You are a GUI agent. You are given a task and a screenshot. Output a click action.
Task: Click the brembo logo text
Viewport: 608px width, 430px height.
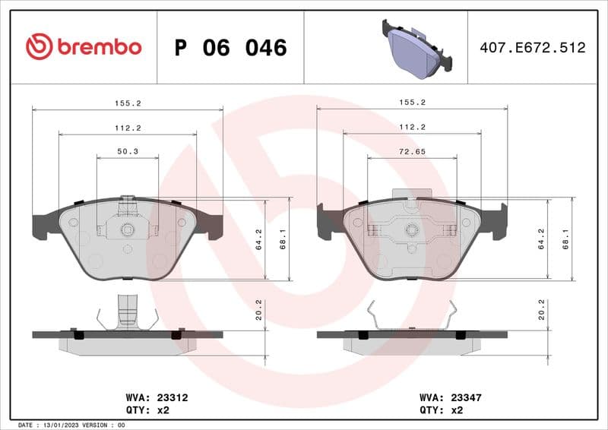point(99,47)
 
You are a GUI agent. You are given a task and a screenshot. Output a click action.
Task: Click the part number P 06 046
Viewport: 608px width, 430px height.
point(230,48)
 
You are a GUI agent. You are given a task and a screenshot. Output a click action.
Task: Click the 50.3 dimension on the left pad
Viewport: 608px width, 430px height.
point(128,152)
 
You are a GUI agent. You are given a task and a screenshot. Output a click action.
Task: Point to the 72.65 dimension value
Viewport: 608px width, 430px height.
point(412,152)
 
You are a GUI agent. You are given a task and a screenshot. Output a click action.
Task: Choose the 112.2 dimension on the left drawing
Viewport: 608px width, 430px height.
point(128,128)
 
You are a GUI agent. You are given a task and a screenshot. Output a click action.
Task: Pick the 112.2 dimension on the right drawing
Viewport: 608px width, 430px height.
point(412,128)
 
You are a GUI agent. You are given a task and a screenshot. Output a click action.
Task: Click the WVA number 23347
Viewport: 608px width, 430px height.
point(466,397)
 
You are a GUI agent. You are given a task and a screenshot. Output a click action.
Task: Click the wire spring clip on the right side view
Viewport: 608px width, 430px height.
point(411,315)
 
